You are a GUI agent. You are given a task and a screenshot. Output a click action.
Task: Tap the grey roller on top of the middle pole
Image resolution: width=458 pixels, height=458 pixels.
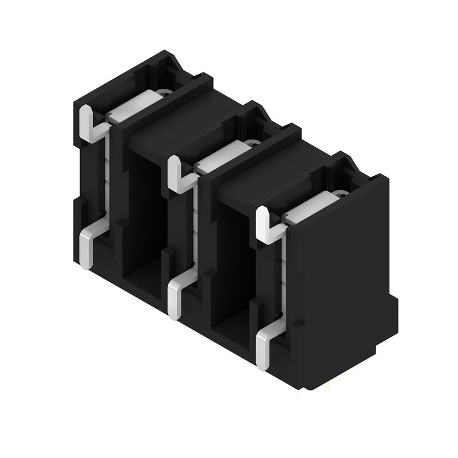point(220,155)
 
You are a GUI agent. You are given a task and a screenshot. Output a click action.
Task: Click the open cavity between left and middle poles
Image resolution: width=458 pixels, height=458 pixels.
point(143,218)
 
